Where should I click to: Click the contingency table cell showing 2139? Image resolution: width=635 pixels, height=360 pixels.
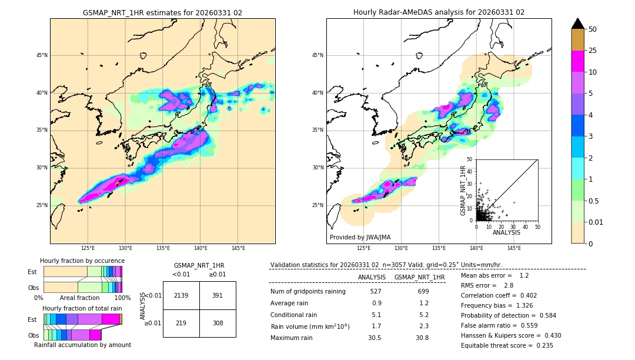(x=181, y=295)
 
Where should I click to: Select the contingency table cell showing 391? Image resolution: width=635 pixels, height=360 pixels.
(x=218, y=295)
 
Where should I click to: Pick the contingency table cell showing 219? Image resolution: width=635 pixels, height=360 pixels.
(x=181, y=323)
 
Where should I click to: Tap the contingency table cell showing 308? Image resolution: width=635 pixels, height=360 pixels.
(x=218, y=323)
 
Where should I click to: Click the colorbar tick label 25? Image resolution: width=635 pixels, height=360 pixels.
(x=593, y=51)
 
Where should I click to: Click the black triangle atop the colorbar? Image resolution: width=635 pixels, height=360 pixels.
(x=578, y=24)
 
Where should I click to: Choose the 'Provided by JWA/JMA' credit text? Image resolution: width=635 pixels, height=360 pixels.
(x=360, y=238)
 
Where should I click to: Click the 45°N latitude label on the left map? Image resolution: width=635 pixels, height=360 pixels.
(x=42, y=55)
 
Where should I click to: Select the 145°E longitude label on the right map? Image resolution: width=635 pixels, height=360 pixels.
(x=514, y=248)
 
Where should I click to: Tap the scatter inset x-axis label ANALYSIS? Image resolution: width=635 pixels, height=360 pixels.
(x=506, y=232)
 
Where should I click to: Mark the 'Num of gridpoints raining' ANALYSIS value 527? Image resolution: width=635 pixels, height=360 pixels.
(x=375, y=292)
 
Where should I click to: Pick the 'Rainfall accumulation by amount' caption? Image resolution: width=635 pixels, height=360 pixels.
(x=82, y=345)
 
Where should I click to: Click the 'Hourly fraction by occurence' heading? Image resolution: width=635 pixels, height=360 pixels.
(x=82, y=261)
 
